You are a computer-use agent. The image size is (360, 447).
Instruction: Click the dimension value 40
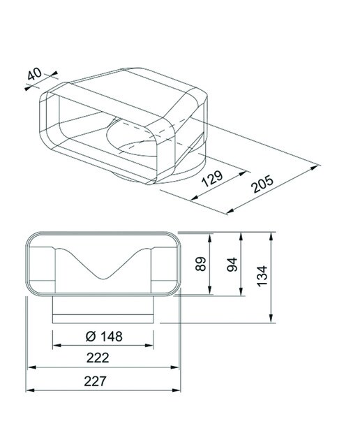pos(34,74)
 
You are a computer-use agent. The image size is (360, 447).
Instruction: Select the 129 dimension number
pos(212,179)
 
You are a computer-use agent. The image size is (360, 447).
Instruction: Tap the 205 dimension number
pos(262,184)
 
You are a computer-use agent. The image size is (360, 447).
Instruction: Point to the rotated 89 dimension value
pos(201,264)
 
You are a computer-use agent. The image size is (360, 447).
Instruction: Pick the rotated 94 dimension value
pos(232,264)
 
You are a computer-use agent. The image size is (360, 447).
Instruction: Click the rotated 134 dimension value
pos(262,276)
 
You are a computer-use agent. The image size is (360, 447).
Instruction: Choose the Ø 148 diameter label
pos(104,337)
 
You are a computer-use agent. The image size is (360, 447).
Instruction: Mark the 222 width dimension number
pos(98,358)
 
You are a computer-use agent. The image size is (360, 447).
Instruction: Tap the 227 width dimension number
pos(96,381)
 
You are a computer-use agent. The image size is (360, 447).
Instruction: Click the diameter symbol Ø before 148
pos(91,337)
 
